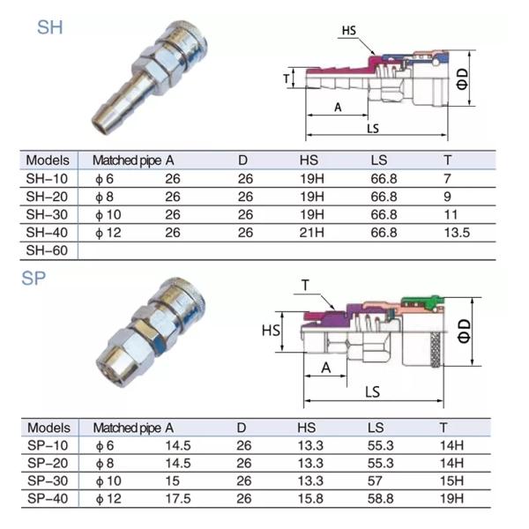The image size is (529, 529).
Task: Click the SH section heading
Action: coord(49,28)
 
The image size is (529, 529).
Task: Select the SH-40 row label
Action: coord(48,233)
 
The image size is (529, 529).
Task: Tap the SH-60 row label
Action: coord(48,251)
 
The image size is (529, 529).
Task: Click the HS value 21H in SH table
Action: coord(312,233)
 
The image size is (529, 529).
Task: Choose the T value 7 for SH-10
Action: coord(447,179)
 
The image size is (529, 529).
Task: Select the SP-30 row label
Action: coord(48,481)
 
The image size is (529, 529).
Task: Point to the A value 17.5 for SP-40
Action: coord(178,499)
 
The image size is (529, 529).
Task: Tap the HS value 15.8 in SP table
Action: coord(312,499)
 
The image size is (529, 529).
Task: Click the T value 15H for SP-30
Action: coord(451,481)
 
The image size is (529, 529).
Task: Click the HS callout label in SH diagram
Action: coord(349,31)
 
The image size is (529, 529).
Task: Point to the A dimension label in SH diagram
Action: coord(338,107)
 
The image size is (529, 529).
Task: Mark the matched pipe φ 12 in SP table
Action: coord(108,499)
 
